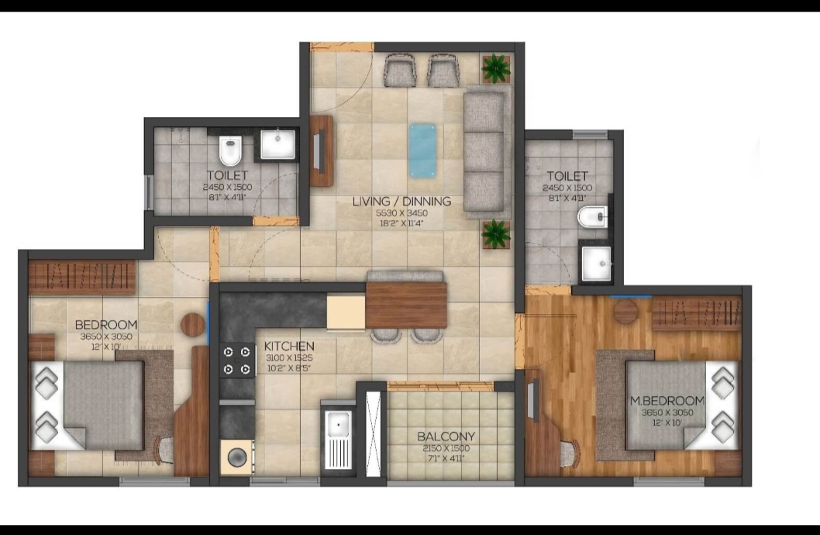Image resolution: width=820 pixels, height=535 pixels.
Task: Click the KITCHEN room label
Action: pyautogui.click(x=289, y=346)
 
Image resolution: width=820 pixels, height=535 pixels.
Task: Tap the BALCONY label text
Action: pyautogui.click(x=446, y=437)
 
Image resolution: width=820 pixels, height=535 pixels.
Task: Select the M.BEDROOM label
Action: pyautogui.click(x=667, y=401)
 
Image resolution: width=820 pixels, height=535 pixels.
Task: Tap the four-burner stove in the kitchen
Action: pyautogui.click(x=238, y=360)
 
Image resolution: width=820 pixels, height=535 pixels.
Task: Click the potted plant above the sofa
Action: pyautogui.click(x=494, y=69)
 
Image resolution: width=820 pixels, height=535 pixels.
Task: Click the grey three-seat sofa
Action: pyautogui.click(x=487, y=153)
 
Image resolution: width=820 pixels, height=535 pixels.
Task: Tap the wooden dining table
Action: pyautogui.click(x=406, y=305)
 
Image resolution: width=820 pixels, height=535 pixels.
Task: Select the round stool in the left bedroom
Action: pyautogui.click(x=193, y=324)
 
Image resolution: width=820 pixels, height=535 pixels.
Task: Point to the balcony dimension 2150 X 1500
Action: pyautogui.click(x=446, y=448)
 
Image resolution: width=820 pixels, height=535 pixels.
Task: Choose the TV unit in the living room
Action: pyautogui.click(x=321, y=151)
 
